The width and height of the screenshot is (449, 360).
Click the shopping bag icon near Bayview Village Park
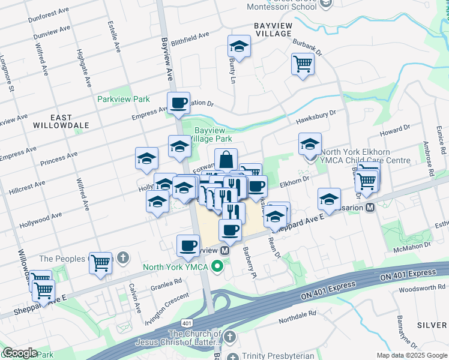click(x=226, y=160)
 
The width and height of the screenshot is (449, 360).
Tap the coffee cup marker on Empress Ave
click(x=178, y=103)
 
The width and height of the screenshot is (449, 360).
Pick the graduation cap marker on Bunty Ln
click(x=238, y=47)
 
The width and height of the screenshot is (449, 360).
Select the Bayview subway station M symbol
click(x=225, y=250)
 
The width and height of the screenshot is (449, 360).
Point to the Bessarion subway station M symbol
click(x=370, y=207)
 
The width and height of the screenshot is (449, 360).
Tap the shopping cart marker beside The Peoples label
click(x=100, y=262)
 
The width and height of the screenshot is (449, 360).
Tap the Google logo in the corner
click(x=20, y=353)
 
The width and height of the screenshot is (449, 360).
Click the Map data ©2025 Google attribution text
click(x=412, y=355)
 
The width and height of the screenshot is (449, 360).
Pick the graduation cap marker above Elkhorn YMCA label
click(x=310, y=144)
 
